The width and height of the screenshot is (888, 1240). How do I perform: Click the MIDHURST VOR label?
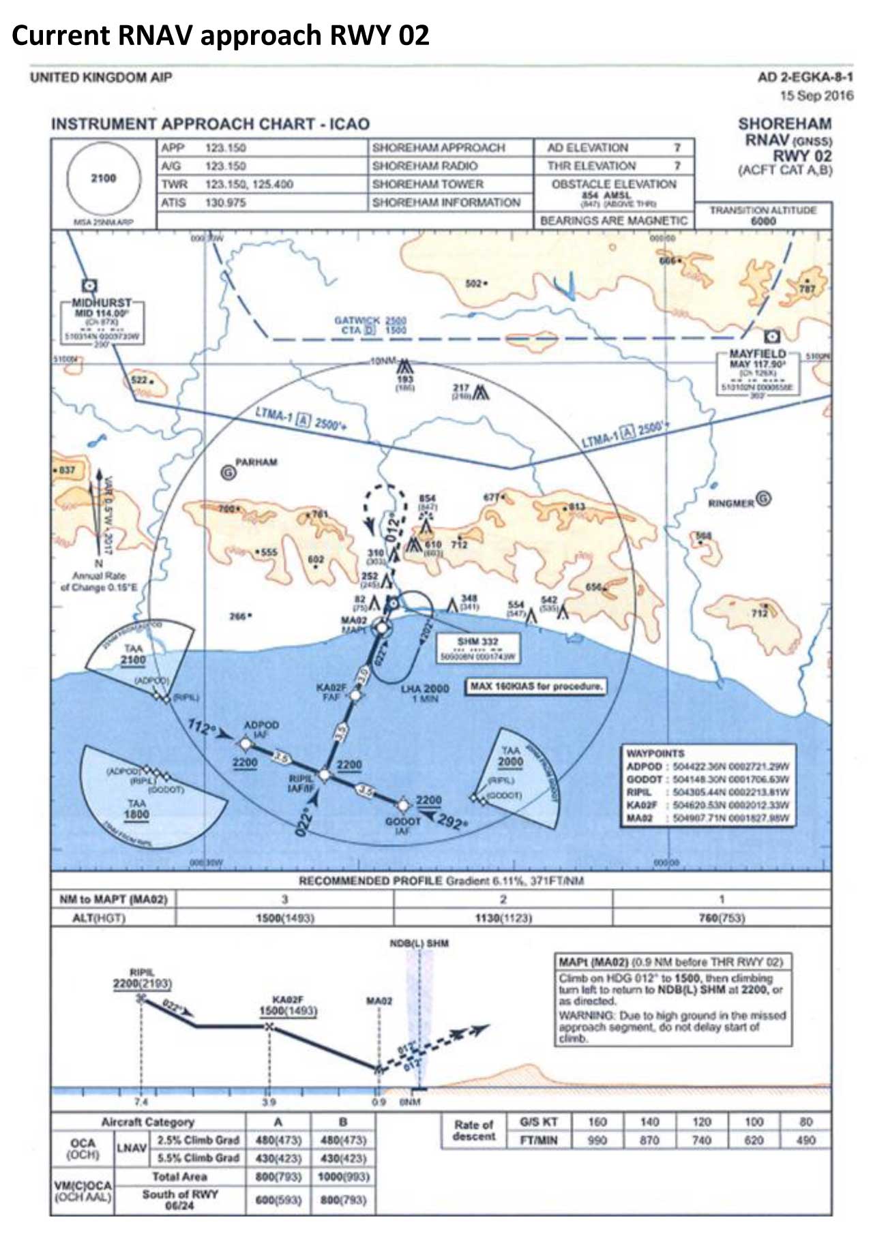[102, 303]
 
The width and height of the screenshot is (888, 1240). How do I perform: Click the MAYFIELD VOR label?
[757, 354]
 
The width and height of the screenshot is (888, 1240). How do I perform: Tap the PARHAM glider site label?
[256, 462]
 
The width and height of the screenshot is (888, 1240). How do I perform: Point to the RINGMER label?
[731, 503]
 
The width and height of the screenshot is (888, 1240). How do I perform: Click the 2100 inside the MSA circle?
[104, 178]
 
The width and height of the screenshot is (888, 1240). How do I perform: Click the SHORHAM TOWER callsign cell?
[428, 184]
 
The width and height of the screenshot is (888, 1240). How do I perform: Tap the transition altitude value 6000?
[763, 221]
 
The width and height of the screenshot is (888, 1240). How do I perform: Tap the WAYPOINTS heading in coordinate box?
[655, 753]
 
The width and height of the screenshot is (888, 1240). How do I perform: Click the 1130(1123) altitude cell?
[503, 918]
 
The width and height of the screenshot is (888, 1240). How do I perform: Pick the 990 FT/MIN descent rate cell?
[597, 1140]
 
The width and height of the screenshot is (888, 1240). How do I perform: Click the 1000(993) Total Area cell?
[343, 1177]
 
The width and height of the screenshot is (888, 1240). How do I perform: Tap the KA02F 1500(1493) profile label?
[288, 1005]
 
